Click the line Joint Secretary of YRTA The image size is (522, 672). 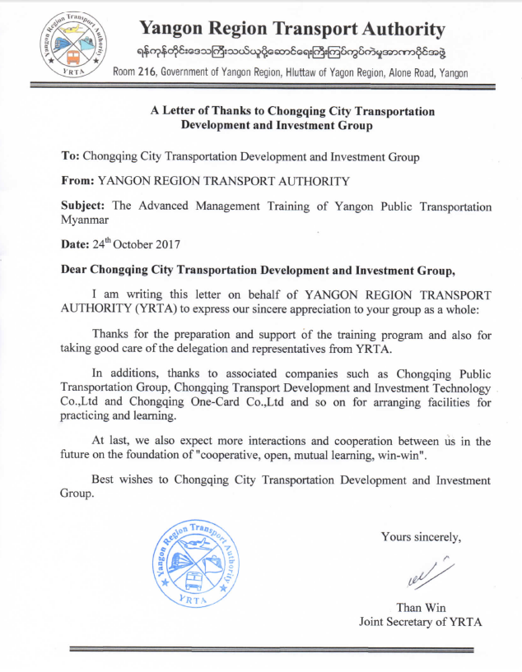(x=420, y=623)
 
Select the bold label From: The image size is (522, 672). (x=79, y=180)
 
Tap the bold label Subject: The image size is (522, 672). (x=85, y=206)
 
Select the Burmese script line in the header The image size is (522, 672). (x=291, y=53)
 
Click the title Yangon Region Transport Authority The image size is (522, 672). (x=292, y=30)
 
